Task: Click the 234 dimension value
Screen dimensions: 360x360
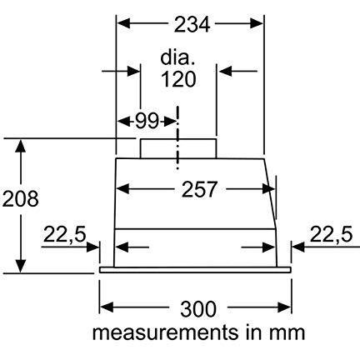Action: coord(192,24)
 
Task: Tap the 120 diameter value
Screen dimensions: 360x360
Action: coord(178,79)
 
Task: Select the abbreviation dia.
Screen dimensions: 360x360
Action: coord(177,58)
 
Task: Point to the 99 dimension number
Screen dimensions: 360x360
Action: coord(147,121)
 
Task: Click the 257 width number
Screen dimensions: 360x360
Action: coord(199,189)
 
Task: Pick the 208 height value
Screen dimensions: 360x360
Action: coord(20,199)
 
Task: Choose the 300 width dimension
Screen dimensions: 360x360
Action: coord(197,309)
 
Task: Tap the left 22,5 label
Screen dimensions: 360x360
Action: coord(64,234)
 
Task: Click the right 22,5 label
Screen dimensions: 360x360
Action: coord(331,234)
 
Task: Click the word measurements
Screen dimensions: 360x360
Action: coord(166,332)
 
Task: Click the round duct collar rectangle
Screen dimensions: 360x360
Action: coord(178,148)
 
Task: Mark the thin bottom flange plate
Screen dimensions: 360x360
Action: coord(195,270)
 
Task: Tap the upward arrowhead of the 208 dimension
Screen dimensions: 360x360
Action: coord(21,146)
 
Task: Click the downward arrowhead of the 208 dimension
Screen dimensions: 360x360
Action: coord(21,266)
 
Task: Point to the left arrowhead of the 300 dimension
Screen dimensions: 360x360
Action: coord(107,307)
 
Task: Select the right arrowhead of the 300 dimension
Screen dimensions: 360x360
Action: coord(284,307)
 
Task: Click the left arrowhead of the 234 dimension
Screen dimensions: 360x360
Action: coord(123,23)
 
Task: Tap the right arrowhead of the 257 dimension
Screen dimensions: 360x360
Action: coord(268,189)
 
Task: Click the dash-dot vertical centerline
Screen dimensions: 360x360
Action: coord(177,137)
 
